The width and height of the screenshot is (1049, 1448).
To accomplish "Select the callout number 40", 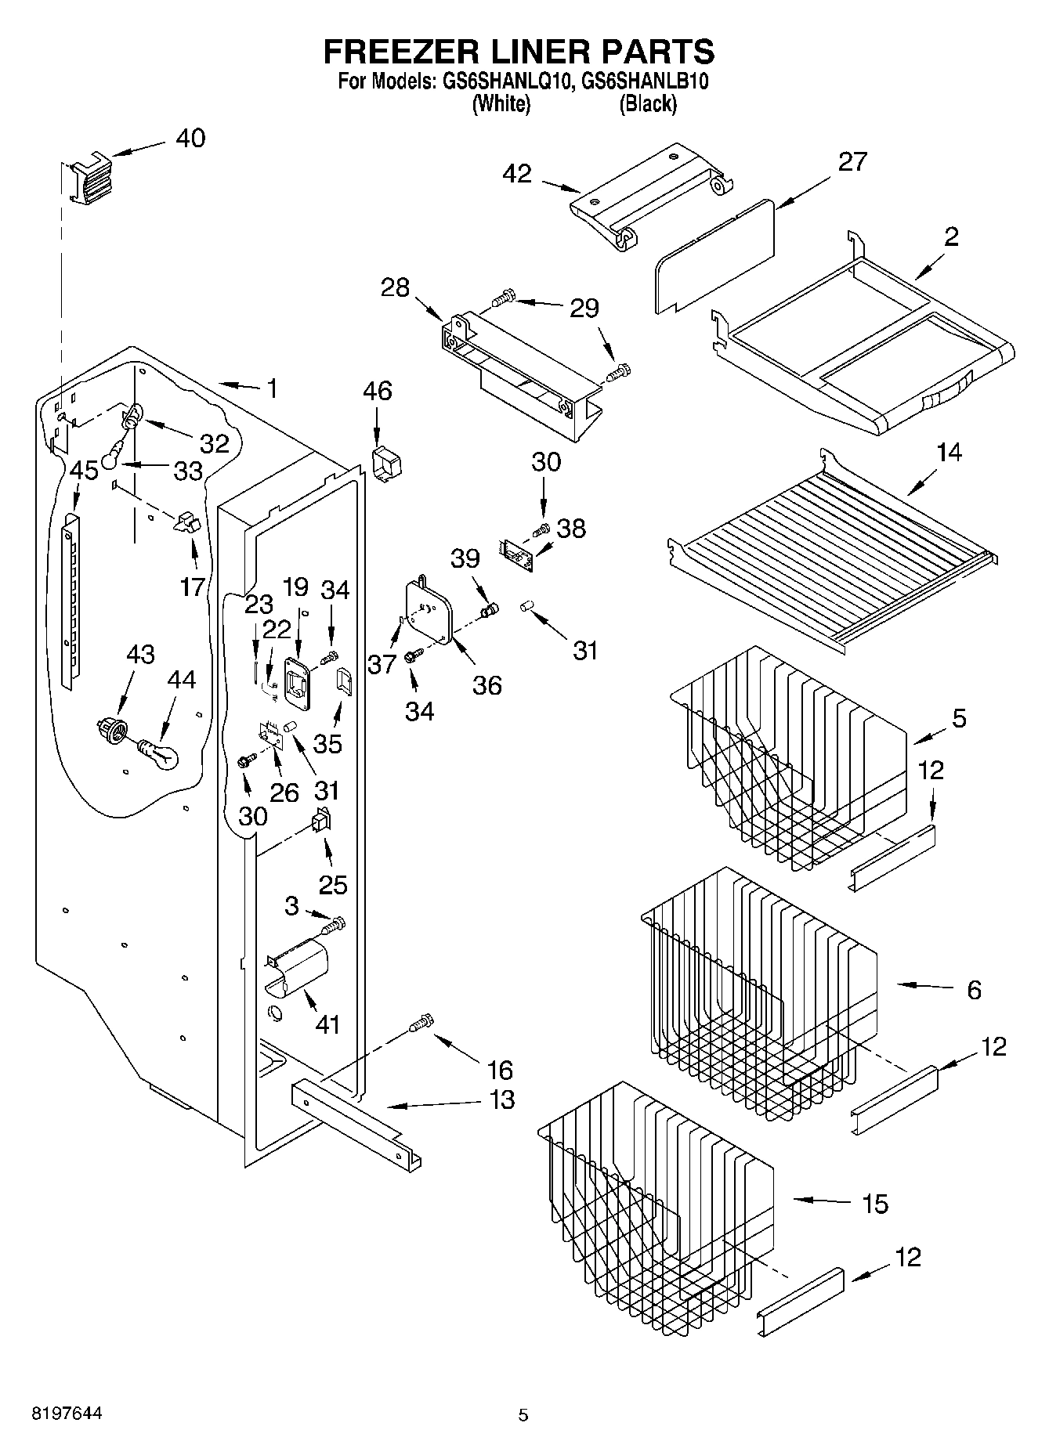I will (190, 139).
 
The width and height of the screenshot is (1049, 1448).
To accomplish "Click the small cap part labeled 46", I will (385, 464).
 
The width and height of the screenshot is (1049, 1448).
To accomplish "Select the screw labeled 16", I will (421, 1023).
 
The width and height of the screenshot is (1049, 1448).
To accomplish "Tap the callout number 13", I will (501, 1100).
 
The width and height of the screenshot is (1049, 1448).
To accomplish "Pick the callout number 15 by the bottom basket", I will (874, 1203).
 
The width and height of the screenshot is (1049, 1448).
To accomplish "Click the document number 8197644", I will (67, 1414).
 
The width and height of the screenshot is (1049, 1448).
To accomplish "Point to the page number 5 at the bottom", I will (523, 1415).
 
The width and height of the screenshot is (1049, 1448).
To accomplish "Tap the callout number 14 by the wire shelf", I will (949, 452).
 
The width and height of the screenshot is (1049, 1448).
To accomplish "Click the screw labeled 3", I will (334, 925).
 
